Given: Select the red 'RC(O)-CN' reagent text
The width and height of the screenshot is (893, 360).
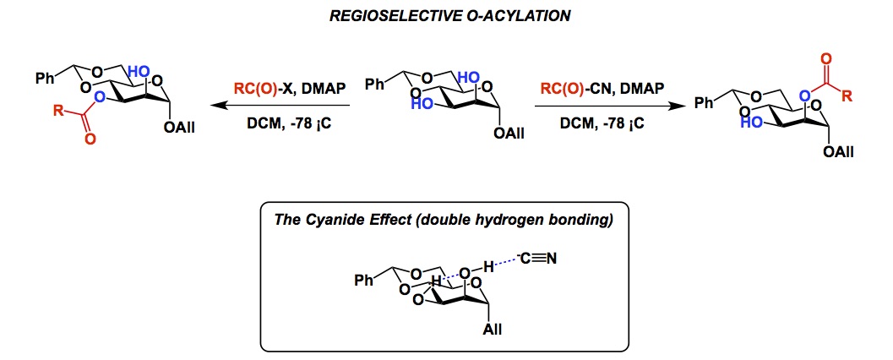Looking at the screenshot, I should pos(573,87).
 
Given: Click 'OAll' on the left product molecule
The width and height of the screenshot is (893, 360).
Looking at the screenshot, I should pos(167,129).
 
